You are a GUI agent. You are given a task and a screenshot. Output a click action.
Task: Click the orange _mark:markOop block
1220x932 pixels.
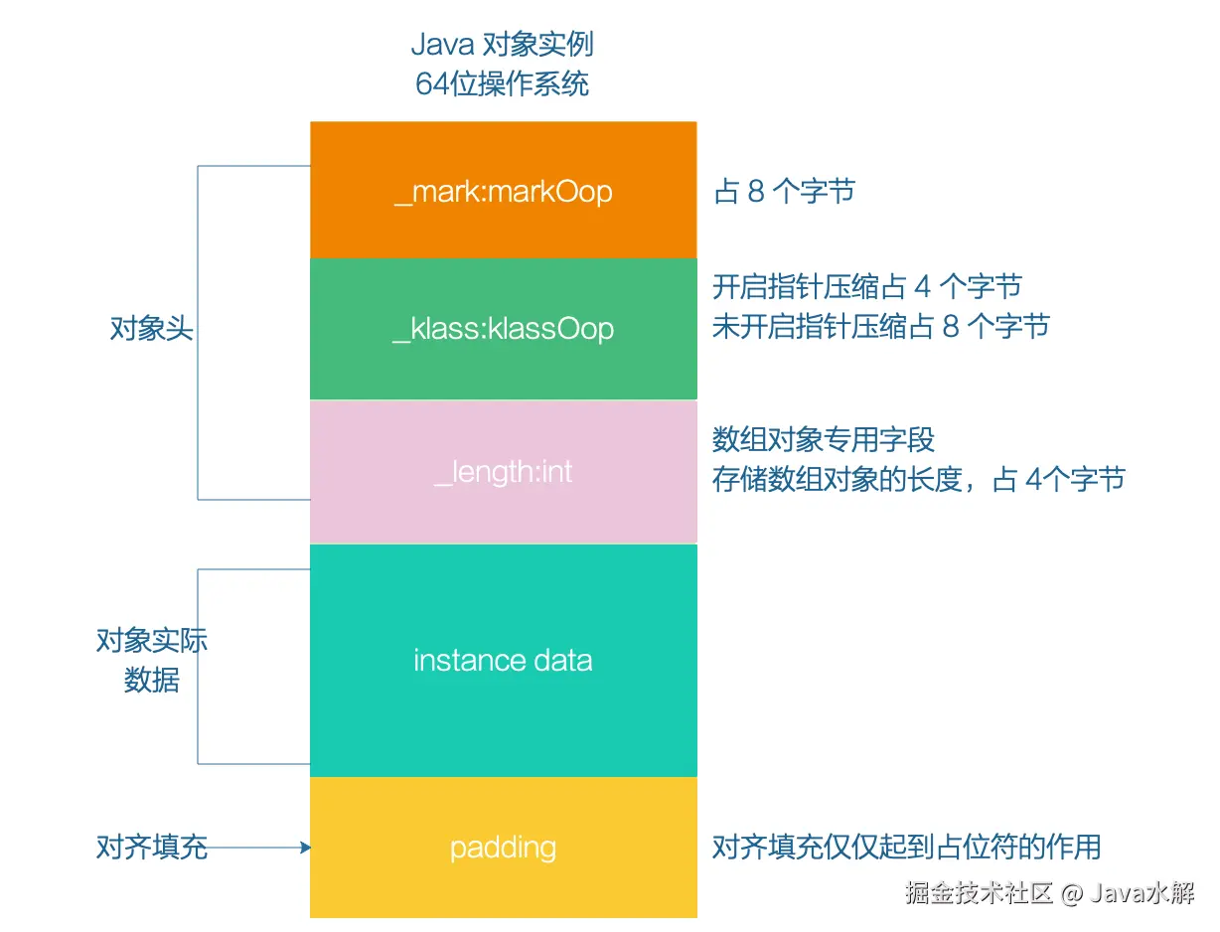coord(503,224)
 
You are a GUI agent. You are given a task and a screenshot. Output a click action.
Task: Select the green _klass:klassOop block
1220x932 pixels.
coord(503,368)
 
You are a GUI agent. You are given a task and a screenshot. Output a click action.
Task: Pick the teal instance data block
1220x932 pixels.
coord(503,715)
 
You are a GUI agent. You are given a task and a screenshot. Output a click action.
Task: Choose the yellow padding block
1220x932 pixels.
coord(503,884)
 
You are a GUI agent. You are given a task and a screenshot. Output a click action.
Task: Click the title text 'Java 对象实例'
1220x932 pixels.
coord(503,45)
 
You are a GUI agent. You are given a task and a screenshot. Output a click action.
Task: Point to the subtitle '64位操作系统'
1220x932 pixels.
coord(503,83)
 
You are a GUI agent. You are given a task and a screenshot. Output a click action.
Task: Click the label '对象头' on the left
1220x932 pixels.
coord(151,329)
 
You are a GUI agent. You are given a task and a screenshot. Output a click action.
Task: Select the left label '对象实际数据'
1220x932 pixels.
coord(151,660)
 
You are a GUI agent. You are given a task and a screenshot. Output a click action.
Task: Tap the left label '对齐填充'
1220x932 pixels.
coord(151,847)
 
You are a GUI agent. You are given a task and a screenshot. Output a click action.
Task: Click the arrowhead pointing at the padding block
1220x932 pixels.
coord(306,848)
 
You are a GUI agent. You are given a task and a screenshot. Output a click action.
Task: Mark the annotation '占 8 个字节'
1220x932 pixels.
coord(784,192)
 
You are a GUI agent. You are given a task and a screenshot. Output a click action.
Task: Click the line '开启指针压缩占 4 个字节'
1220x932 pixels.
coord(866,287)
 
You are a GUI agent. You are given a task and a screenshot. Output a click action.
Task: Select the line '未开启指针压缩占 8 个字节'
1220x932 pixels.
coord(880,326)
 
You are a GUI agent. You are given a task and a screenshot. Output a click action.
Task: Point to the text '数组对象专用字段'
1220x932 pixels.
coord(824,439)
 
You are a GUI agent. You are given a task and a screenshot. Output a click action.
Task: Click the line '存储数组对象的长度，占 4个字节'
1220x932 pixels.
coord(918,480)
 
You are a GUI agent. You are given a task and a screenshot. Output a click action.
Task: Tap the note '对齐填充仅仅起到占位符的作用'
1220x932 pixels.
coord(906,847)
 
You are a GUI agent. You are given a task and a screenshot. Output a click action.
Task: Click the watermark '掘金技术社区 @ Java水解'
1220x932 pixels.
coord(1049,892)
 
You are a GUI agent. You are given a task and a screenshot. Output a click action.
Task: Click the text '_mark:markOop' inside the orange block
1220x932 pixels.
coord(503,191)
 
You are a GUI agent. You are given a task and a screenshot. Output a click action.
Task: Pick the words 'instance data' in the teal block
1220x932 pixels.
coord(503,661)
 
